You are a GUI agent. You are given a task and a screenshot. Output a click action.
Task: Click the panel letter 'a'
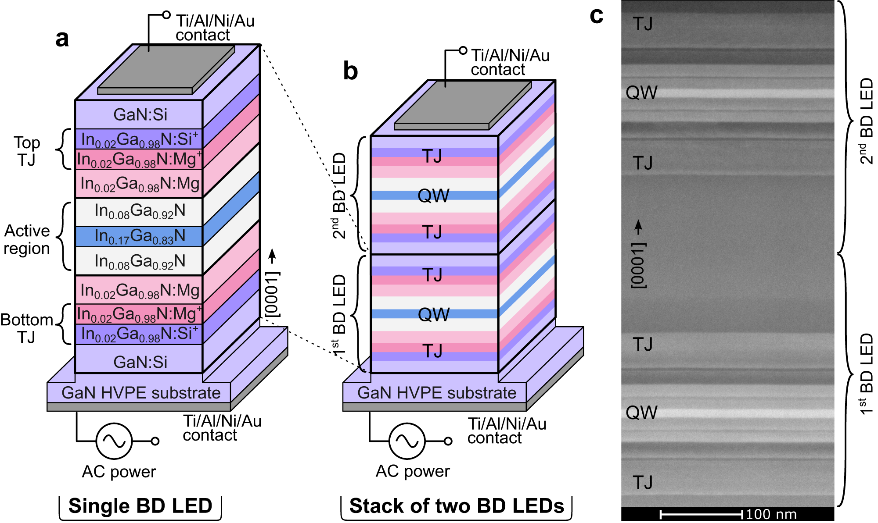pyautogui.click(x=62, y=39)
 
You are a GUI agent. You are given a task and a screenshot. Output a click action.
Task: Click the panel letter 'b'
pyautogui.click(x=350, y=71)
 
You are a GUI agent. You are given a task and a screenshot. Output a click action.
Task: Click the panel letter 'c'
pyautogui.click(x=597, y=15)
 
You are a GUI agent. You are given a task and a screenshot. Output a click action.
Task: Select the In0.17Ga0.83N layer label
pyautogui.click(x=140, y=236)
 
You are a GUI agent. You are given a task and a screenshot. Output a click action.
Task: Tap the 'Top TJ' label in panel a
pyautogui.click(x=27, y=151)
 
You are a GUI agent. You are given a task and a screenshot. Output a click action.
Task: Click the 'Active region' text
pyautogui.click(x=27, y=239)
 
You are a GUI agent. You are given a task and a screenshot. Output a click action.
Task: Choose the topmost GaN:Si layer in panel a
pyautogui.click(x=140, y=114)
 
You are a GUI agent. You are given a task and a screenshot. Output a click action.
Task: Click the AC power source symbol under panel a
pyautogui.click(x=114, y=441)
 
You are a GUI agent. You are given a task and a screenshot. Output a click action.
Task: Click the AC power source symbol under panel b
pyautogui.click(x=407, y=441)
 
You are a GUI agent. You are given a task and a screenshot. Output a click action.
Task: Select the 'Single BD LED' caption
pyautogui.click(x=140, y=506)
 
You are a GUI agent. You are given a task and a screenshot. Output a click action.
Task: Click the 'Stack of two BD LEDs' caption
pyautogui.click(x=456, y=506)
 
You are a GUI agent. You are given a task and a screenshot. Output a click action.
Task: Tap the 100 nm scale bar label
pyautogui.click(x=771, y=514)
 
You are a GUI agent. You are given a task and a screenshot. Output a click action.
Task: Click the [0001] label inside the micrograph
pyautogui.click(x=638, y=265)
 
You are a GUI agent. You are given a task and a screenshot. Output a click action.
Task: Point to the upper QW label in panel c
pyautogui.click(x=641, y=93)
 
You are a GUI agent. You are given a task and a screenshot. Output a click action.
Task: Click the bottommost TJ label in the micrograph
pyautogui.click(x=643, y=482)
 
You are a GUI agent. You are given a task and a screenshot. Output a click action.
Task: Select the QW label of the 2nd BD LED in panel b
pyautogui.click(x=433, y=196)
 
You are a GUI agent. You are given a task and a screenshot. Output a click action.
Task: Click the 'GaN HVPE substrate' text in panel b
pyautogui.click(x=436, y=393)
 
